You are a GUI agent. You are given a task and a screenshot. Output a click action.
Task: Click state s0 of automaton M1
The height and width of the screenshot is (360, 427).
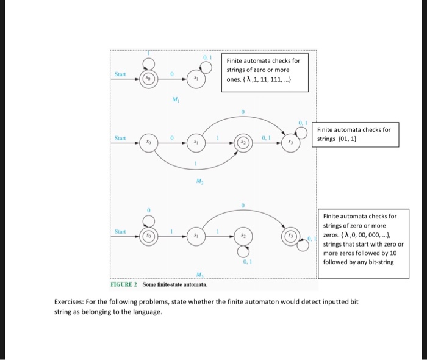click(146, 79)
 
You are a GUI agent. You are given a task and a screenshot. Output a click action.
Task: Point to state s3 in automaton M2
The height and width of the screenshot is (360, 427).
click(290, 142)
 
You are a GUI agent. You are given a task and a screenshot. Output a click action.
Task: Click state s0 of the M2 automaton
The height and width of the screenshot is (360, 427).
click(146, 142)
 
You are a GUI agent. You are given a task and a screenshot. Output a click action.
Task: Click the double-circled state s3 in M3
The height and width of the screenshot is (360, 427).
click(290, 235)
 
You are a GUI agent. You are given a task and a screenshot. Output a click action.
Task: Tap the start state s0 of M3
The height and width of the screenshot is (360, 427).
click(146, 235)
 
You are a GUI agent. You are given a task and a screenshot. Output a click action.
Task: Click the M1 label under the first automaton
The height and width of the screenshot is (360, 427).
click(176, 100)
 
